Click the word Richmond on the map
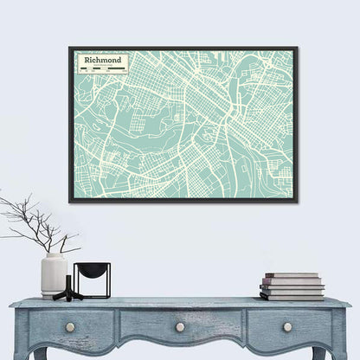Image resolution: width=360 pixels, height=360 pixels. click(x=99, y=61)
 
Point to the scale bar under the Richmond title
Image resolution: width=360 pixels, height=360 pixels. click(x=100, y=68)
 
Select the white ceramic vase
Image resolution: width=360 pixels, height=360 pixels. click(x=54, y=275)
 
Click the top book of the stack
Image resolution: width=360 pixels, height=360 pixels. click(x=292, y=276)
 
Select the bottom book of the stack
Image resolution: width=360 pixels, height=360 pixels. click(x=292, y=295)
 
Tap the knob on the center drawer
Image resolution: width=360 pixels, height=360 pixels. click(x=180, y=327)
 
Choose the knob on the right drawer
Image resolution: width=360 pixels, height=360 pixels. click(x=287, y=327)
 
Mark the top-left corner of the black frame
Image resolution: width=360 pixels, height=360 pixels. click(x=70, y=48)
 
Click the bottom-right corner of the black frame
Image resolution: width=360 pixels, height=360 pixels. click(x=297, y=202)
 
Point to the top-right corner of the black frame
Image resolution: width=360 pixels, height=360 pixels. click(x=297, y=48)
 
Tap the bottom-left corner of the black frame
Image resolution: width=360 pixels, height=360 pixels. click(x=70, y=202)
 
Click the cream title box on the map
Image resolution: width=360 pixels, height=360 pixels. click(x=100, y=63)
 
